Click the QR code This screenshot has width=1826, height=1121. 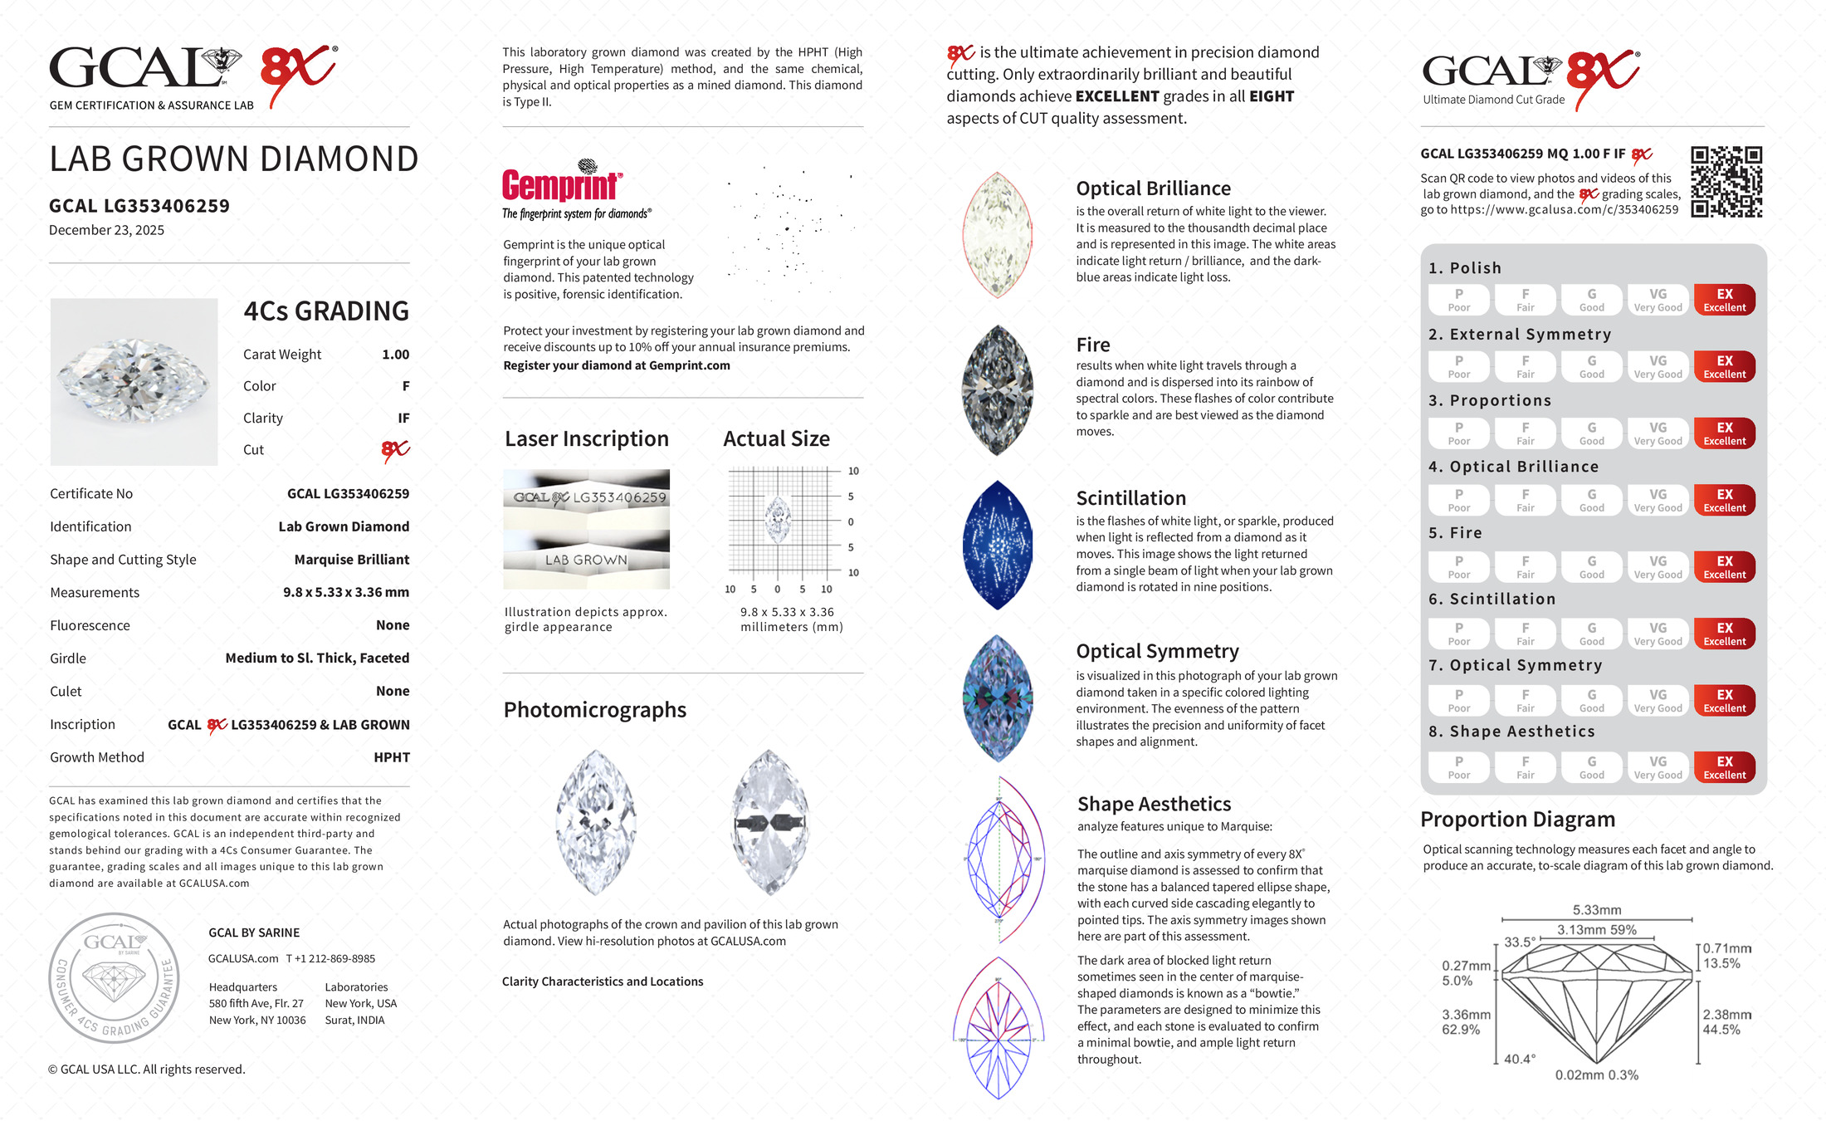(x=1726, y=182)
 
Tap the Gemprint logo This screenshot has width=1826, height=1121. (x=562, y=185)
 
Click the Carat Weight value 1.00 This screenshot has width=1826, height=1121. (x=395, y=355)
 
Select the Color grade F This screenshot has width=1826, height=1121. (x=406, y=386)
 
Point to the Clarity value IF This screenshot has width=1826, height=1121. (x=403, y=419)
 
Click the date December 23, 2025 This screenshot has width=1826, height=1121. (x=106, y=230)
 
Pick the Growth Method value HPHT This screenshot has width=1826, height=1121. (x=392, y=757)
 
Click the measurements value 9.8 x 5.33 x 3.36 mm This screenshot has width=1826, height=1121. (x=346, y=592)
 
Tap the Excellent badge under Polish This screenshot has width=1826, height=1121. (x=1724, y=300)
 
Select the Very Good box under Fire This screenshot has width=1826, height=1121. (x=1658, y=567)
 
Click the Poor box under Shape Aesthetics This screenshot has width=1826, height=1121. (x=1458, y=767)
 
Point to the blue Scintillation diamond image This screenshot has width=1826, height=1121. (x=998, y=545)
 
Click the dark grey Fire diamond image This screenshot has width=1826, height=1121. (x=998, y=390)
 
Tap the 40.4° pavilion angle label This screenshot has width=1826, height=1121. (x=1519, y=1059)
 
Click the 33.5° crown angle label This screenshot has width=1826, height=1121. (x=1520, y=942)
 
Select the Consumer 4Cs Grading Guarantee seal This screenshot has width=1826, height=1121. (x=114, y=978)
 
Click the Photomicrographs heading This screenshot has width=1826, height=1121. (x=594, y=710)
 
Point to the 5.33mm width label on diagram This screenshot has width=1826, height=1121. (x=1596, y=910)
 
